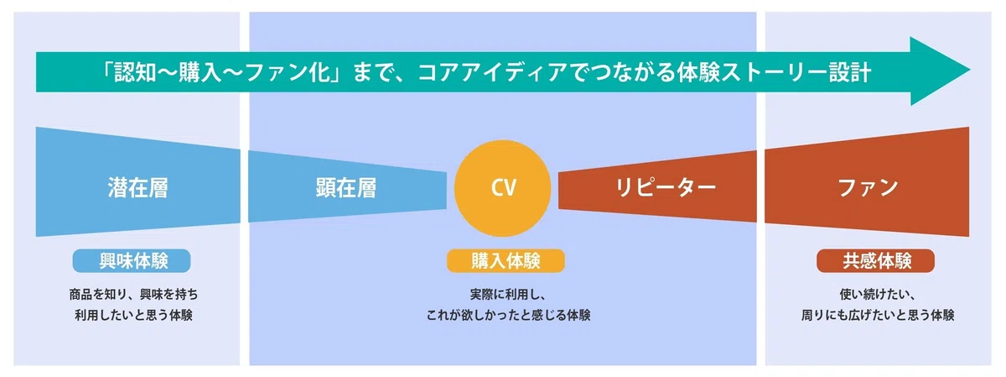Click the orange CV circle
[x=502, y=188]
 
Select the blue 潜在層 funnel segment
[x=137, y=182]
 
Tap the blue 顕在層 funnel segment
[x=347, y=186]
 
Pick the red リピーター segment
[x=657, y=186]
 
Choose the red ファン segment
[x=867, y=182]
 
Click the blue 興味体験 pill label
[x=132, y=261]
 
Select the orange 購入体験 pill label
[x=506, y=261]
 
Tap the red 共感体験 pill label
[x=876, y=261]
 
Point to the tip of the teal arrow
[x=970, y=71]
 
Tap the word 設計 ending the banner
[x=850, y=72]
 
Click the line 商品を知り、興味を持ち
[x=133, y=295]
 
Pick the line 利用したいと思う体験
[x=133, y=315]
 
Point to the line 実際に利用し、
[x=507, y=295]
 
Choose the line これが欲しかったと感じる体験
[x=508, y=315]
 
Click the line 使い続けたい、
[x=877, y=295]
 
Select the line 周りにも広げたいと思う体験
[x=878, y=315]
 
